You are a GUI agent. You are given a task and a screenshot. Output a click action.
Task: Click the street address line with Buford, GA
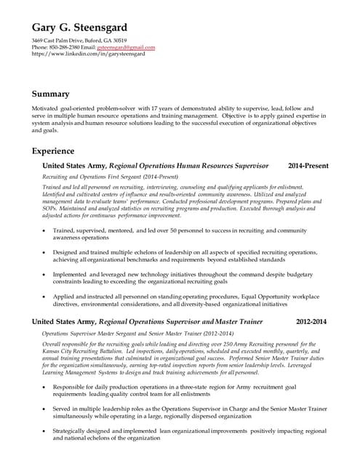[x=79, y=41]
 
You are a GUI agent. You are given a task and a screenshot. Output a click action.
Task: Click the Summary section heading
[x=51, y=94]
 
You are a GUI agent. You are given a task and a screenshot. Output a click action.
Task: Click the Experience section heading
[x=53, y=151]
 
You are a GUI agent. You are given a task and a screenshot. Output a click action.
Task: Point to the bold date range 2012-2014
[x=311, y=320]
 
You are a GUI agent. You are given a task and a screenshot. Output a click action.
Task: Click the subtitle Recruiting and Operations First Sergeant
[x=110, y=177]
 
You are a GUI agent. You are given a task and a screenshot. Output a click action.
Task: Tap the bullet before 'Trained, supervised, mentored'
[x=45, y=230]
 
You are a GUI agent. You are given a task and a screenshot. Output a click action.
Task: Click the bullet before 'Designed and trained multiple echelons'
[x=45, y=252]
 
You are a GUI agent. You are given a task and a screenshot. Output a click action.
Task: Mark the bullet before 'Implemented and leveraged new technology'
[x=45, y=275]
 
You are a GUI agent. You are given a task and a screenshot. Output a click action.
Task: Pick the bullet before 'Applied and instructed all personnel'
[x=45, y=297]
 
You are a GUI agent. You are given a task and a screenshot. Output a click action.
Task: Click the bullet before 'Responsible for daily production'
[x=45, y=387]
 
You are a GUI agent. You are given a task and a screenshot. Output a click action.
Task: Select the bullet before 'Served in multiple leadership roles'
[x=45, y=409]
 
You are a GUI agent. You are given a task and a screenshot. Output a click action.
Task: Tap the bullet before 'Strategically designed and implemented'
[x=45, y=432]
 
